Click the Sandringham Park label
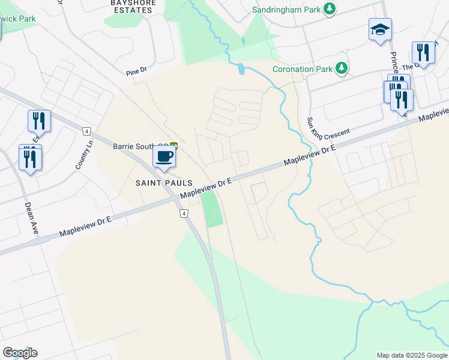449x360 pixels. [286, 10]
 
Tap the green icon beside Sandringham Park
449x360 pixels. [329, 9]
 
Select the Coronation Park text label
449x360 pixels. [302, 69]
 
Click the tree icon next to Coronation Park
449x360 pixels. [342, 68]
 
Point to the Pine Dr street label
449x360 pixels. [136, 71]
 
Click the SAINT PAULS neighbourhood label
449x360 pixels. [164, 182]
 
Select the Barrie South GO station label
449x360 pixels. [142, 146]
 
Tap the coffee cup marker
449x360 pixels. [164, 157]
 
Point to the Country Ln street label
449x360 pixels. [84, 155]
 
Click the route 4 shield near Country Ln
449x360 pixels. [87, 131]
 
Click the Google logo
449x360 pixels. [20, 353]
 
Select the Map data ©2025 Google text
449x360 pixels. [411, 355]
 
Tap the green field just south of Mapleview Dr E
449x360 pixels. [212, 209]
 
